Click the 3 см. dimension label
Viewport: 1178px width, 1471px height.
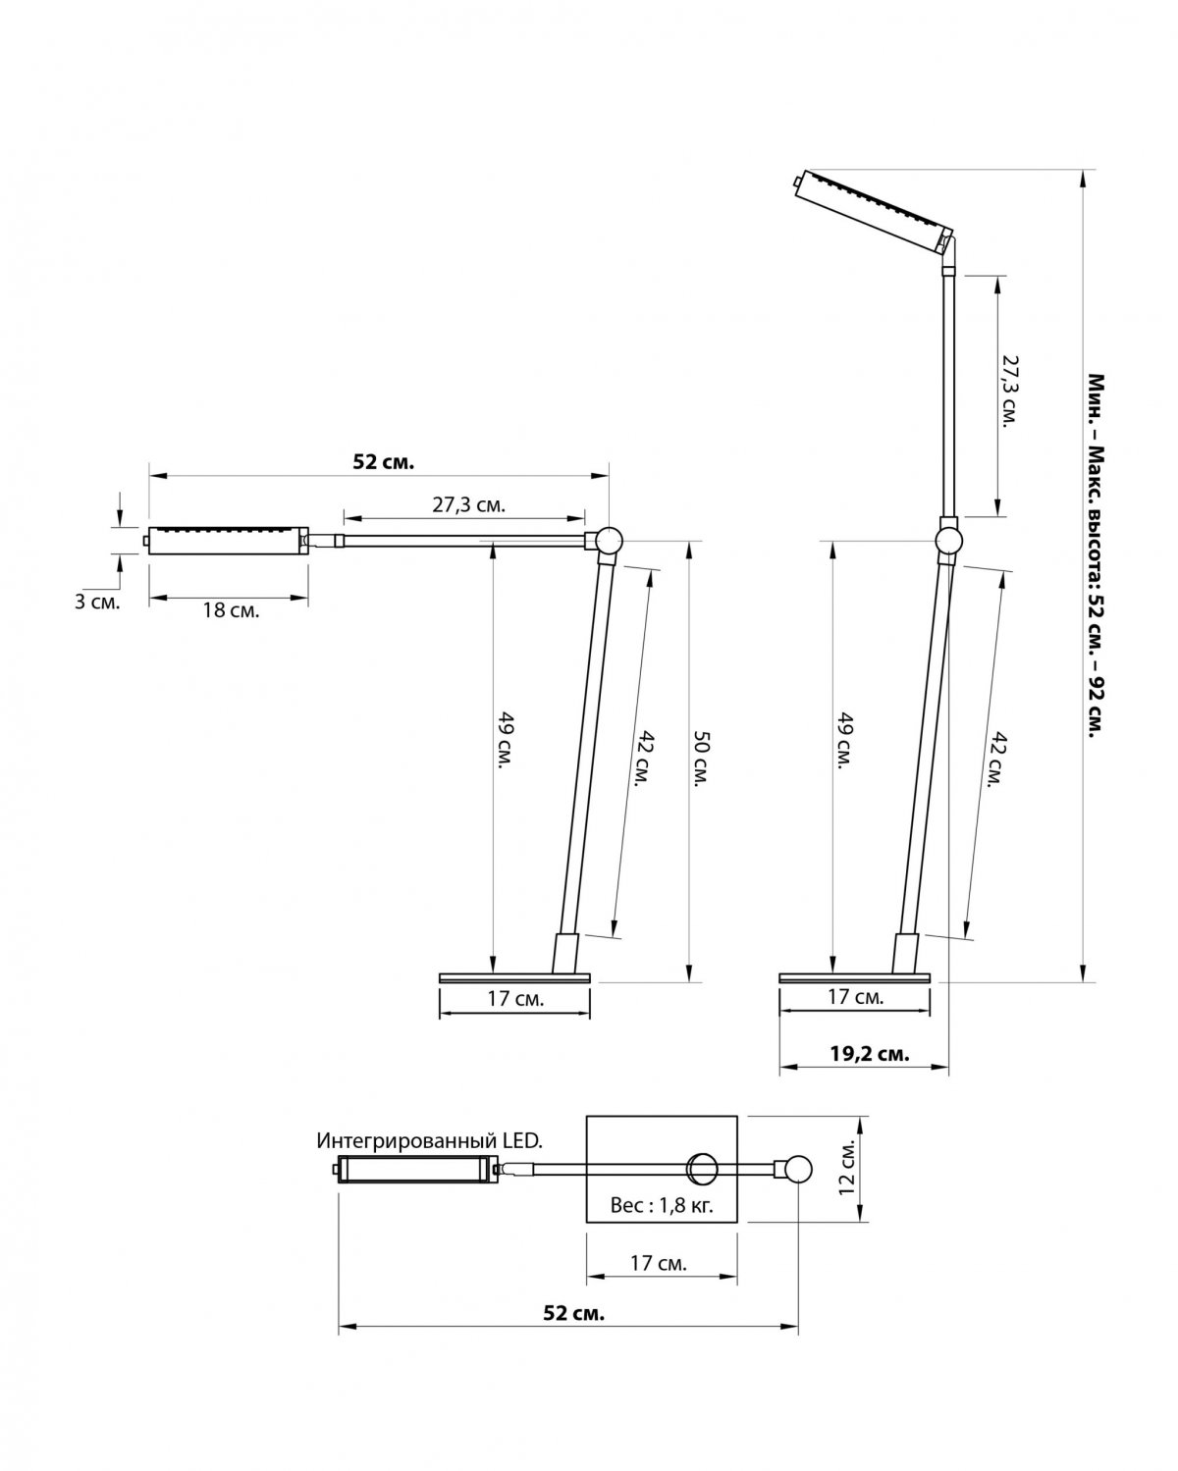click(x=97, y=604)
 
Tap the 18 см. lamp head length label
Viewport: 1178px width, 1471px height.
click(x=231, y=610)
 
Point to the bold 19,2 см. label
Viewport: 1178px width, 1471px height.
click(x=870, y=1053)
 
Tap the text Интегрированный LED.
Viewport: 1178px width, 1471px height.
click(x=429, y=1140)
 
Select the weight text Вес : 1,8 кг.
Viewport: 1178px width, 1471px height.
click(x=661, y=1205)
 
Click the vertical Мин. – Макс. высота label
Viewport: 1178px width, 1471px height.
click(x=1097, y=556)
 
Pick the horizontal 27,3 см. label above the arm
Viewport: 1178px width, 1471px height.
click(x=468, y=505)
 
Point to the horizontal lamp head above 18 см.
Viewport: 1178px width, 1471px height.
click(x=228, y=541)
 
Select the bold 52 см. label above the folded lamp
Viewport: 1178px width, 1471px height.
click(x=384, y=462)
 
